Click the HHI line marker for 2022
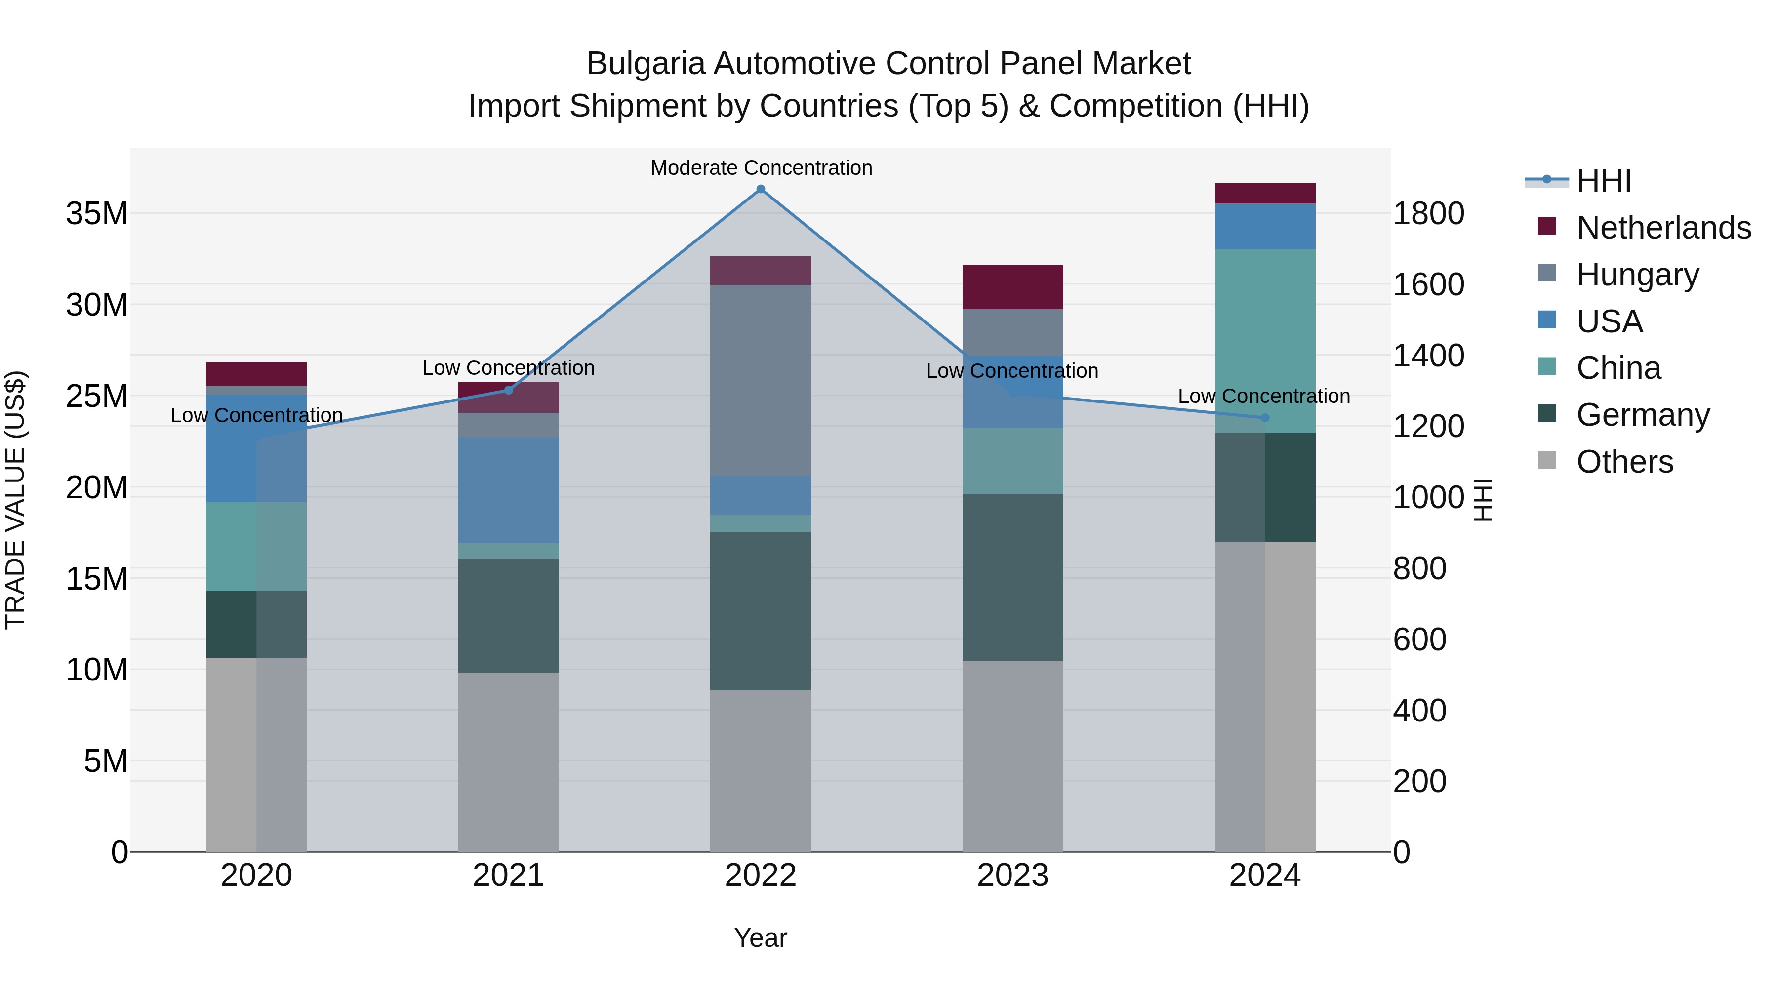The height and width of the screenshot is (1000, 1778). coord(761,189)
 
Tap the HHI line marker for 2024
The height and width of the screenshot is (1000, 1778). coord(1265,417)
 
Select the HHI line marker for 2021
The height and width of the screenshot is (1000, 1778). coord(509,390)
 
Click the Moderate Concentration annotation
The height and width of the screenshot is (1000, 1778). coord(761,168)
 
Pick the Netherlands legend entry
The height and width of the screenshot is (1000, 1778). coord(1663,228)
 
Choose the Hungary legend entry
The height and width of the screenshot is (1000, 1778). coord(1637,275)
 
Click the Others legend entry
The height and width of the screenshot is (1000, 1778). coord(1625,462)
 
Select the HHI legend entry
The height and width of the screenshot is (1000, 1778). coord(1603,181)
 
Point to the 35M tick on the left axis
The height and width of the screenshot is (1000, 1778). coord(97,213)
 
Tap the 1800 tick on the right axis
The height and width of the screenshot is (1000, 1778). coord(1428,213)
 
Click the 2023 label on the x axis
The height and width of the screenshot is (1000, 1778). coord(1012,876)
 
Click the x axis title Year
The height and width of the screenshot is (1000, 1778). coord(761,938)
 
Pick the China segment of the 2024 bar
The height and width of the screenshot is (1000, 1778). coord(1265,341)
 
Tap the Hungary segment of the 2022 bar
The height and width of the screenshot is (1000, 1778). coord(761,380)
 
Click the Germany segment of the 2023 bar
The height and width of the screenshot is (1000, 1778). coord(1012,577)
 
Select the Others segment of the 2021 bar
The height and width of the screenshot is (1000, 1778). coord(509,762)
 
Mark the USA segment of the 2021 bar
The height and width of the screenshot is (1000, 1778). coord(509,490)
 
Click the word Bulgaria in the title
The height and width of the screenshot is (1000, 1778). coord(646,64)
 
